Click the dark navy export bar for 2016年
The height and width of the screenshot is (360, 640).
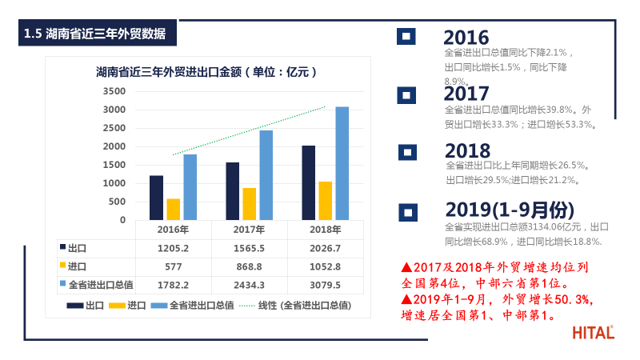pyautogui.click(x=156, y=198)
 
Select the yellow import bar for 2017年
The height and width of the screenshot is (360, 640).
pyautogui.click(x=250, y=204)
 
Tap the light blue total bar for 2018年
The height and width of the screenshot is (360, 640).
pyautogui.click(x=342, y=163)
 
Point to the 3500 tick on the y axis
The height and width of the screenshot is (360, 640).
pyautogui.click(x=115, y=91)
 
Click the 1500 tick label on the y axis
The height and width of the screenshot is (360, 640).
pyautogui.click(x=115, y=165)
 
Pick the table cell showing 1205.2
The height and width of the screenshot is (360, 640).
pyautogui.click(x=173, y=248)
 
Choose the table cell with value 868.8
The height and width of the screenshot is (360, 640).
pyautogui.click(x=250, y=266)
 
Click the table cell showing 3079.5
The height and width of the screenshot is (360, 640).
pyautogui.click(x=326, y=285)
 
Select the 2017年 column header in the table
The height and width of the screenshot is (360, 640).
pyautogui.click(x=250, y=230)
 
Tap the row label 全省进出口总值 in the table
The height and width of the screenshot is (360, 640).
pyautogui.click(x=101, y=285)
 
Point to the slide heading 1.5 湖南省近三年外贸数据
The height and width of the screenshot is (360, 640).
pyautogui.click(x=95, y=34)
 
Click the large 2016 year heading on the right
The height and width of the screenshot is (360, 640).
pyautogui.click(x=466, y=38)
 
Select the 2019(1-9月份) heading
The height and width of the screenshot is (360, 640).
pyautogui.click(x=510, y=210)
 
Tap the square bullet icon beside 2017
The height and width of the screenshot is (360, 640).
pyautogui.click(x=407, y=95)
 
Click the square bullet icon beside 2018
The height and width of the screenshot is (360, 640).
pyautogui.click(x=407, y=151)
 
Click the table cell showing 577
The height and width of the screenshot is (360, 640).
pyautogui.click(x=173, y=266)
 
